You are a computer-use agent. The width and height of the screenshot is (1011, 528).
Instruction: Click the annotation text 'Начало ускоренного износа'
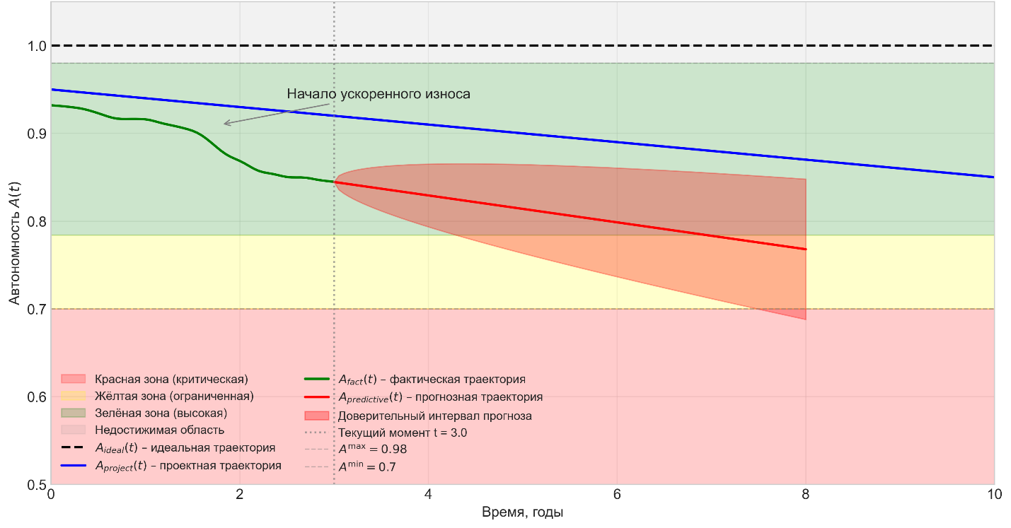378,94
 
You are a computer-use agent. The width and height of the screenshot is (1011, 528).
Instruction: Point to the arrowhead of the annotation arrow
224,124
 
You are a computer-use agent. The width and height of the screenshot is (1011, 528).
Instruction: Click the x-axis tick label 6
617,495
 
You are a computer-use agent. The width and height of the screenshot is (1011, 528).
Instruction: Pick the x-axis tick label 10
994,495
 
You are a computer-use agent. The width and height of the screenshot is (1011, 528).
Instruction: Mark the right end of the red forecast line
806,250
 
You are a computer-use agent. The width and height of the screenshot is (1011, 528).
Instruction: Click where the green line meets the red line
334,182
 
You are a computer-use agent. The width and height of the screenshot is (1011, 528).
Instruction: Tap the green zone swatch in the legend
74,413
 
